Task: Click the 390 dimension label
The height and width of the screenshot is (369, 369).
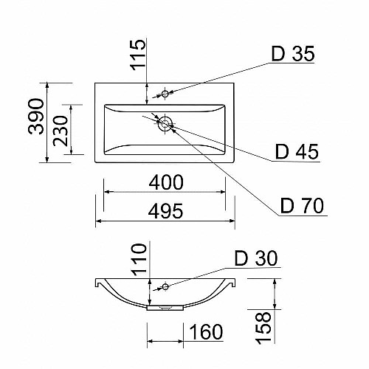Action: pyautogui.click(x=36, y=116)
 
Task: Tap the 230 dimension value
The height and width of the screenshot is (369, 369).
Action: pyautogui.click(x=61, y=131)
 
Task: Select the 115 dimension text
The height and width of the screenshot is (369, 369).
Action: pyautogui.click(x=138, y=55)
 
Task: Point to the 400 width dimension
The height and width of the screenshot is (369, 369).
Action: pyautogui.click(x=166, y=182)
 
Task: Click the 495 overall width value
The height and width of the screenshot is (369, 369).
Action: pyautogui.click(x=165, y=211)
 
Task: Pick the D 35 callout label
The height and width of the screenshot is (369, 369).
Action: pyautogui.click(x=293, y=53)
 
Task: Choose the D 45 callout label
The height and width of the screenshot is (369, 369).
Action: pyautogui.click(x=297, y=152)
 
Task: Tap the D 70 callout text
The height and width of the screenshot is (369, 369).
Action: pyautogui.click(x=302, y=205)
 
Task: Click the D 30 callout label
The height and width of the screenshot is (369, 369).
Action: pyautogui.click(x=256, y=258)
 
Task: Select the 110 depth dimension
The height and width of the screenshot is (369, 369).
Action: pyautogui.click(x=139, y=260)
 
